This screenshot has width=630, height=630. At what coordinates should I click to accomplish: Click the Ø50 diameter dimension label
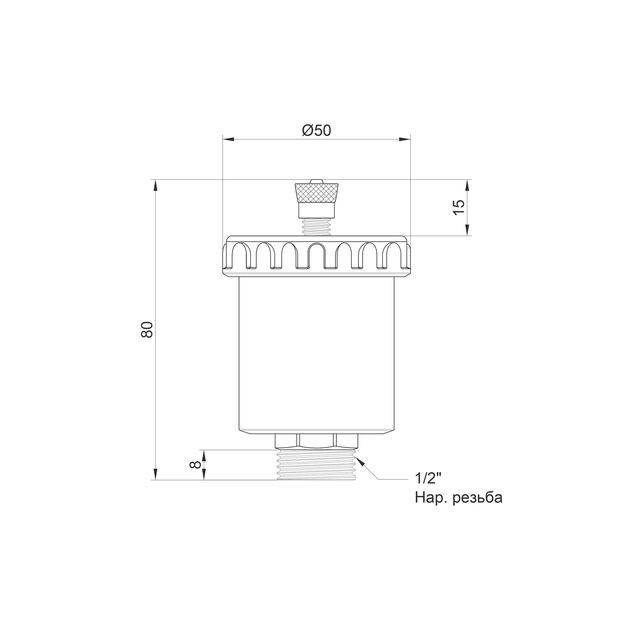click(317, 130)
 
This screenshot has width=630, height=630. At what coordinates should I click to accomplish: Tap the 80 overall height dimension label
click(147, 329)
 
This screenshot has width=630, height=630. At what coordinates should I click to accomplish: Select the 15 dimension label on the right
click(458, 207)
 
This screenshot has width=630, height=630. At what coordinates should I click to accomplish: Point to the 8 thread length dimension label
click(195, 464)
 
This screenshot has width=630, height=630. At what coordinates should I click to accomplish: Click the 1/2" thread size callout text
click(428, 478)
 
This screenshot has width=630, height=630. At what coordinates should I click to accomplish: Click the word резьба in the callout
click(477, 498)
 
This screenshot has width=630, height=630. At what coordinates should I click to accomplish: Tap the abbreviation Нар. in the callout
click(431, 498)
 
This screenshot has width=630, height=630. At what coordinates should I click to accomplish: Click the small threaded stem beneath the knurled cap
click(317, 227)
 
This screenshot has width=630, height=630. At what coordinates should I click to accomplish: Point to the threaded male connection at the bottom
click(317, 464)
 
